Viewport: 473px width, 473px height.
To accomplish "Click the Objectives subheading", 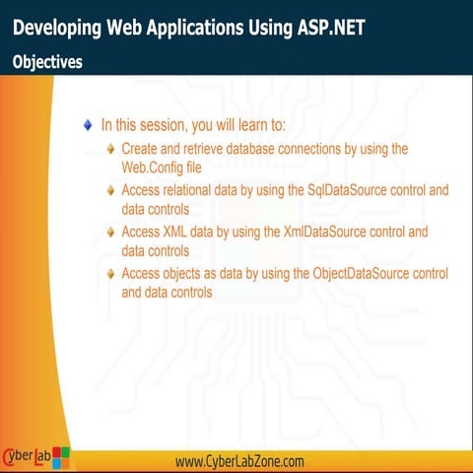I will (47, 61).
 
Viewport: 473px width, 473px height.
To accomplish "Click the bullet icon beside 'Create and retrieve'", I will (111, 149).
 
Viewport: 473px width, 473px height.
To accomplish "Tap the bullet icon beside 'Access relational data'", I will (111, 190).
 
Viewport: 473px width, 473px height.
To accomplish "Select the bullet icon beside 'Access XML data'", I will (111, 234).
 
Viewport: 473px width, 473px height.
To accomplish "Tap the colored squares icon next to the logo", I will (61, 456).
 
